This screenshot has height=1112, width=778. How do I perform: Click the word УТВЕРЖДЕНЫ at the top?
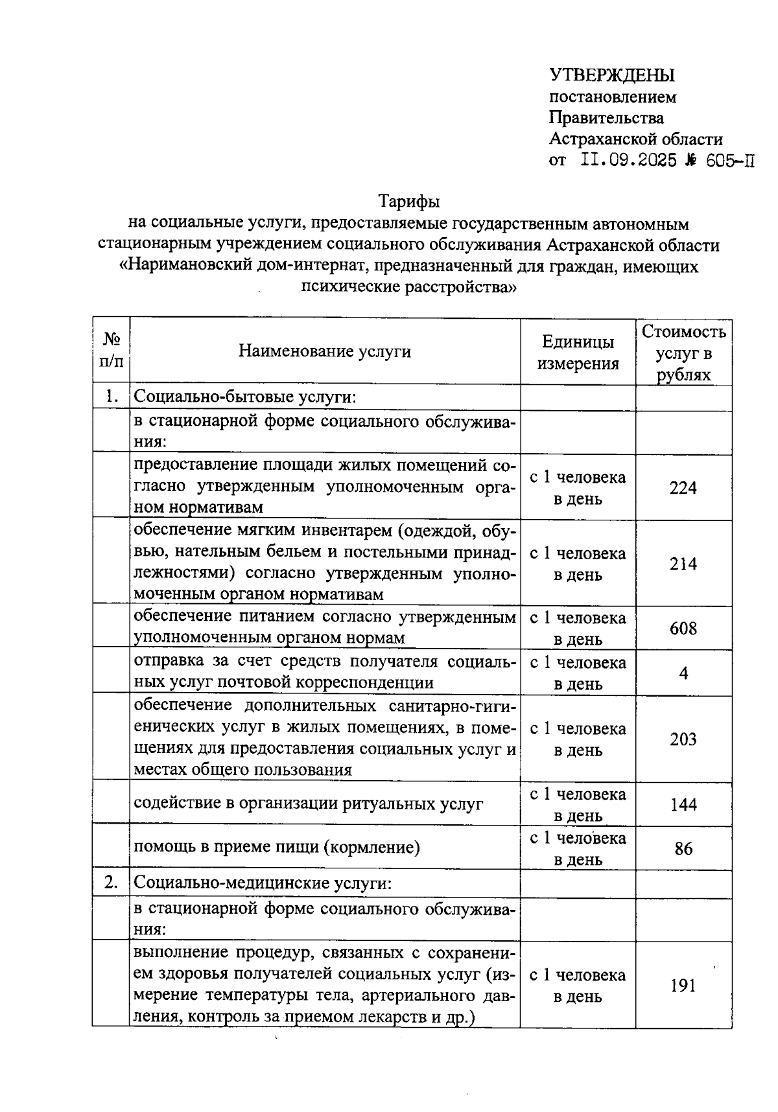[x=612, y=76]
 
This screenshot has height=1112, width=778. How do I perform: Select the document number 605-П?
[x=730, y=161]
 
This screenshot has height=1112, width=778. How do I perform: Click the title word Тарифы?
[x=409, y=202]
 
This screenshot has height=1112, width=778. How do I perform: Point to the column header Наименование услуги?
[x=325, y=351]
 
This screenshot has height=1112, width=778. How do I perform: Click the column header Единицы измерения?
[x=578, y=353]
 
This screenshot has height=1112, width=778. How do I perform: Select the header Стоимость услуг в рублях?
[x=683, y=353]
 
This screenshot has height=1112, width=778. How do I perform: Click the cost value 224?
[x=683, y=488]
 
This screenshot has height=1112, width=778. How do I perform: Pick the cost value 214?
[x=683, y=564]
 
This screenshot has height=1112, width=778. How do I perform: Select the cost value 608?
[x=683, y=629]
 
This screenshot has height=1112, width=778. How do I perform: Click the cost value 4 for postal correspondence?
[x=683, y=673]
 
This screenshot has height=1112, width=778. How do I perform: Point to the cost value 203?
[x=683, y=739]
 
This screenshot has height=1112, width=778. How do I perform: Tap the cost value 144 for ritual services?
[x=683, y=805]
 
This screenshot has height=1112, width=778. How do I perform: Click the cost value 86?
[x=683, y=849]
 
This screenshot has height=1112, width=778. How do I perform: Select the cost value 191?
[x=683, y=986]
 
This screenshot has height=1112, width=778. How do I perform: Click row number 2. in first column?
[x=112, y=883]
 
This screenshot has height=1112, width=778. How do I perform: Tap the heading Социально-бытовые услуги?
[x=245, y=397]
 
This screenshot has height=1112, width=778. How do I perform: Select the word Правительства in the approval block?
[x=606, y=118]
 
